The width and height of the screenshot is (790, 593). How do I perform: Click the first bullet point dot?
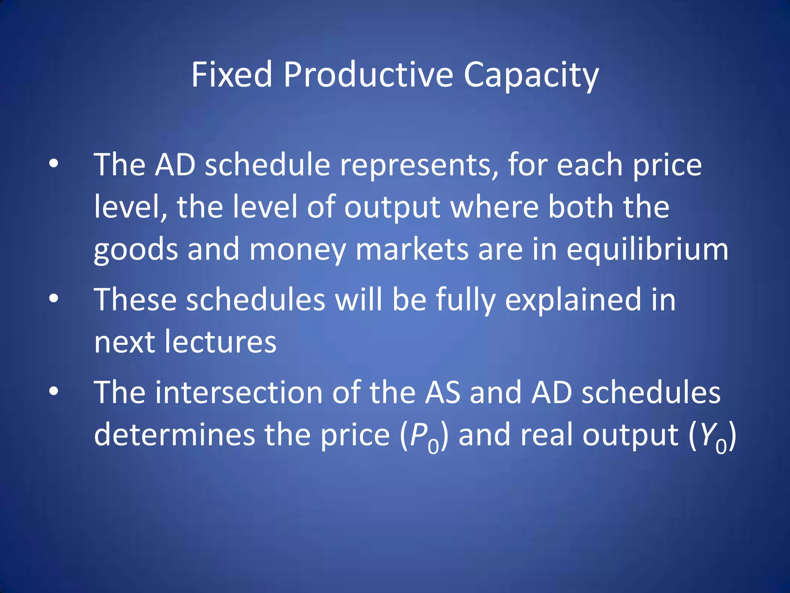point(54,164)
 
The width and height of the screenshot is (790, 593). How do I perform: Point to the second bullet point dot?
point(54,298)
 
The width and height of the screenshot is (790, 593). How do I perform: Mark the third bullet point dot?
point(54,391)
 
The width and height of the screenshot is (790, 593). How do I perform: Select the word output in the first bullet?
point(392,208)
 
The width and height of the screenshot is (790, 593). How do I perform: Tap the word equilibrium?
point(647,250)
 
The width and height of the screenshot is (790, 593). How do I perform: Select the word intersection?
point(239,393)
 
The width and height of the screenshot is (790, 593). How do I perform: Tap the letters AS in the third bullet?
point(442,393)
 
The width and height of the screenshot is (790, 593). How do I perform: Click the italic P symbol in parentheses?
point(418,435)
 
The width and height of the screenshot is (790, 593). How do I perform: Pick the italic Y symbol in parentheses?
point(707,435)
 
